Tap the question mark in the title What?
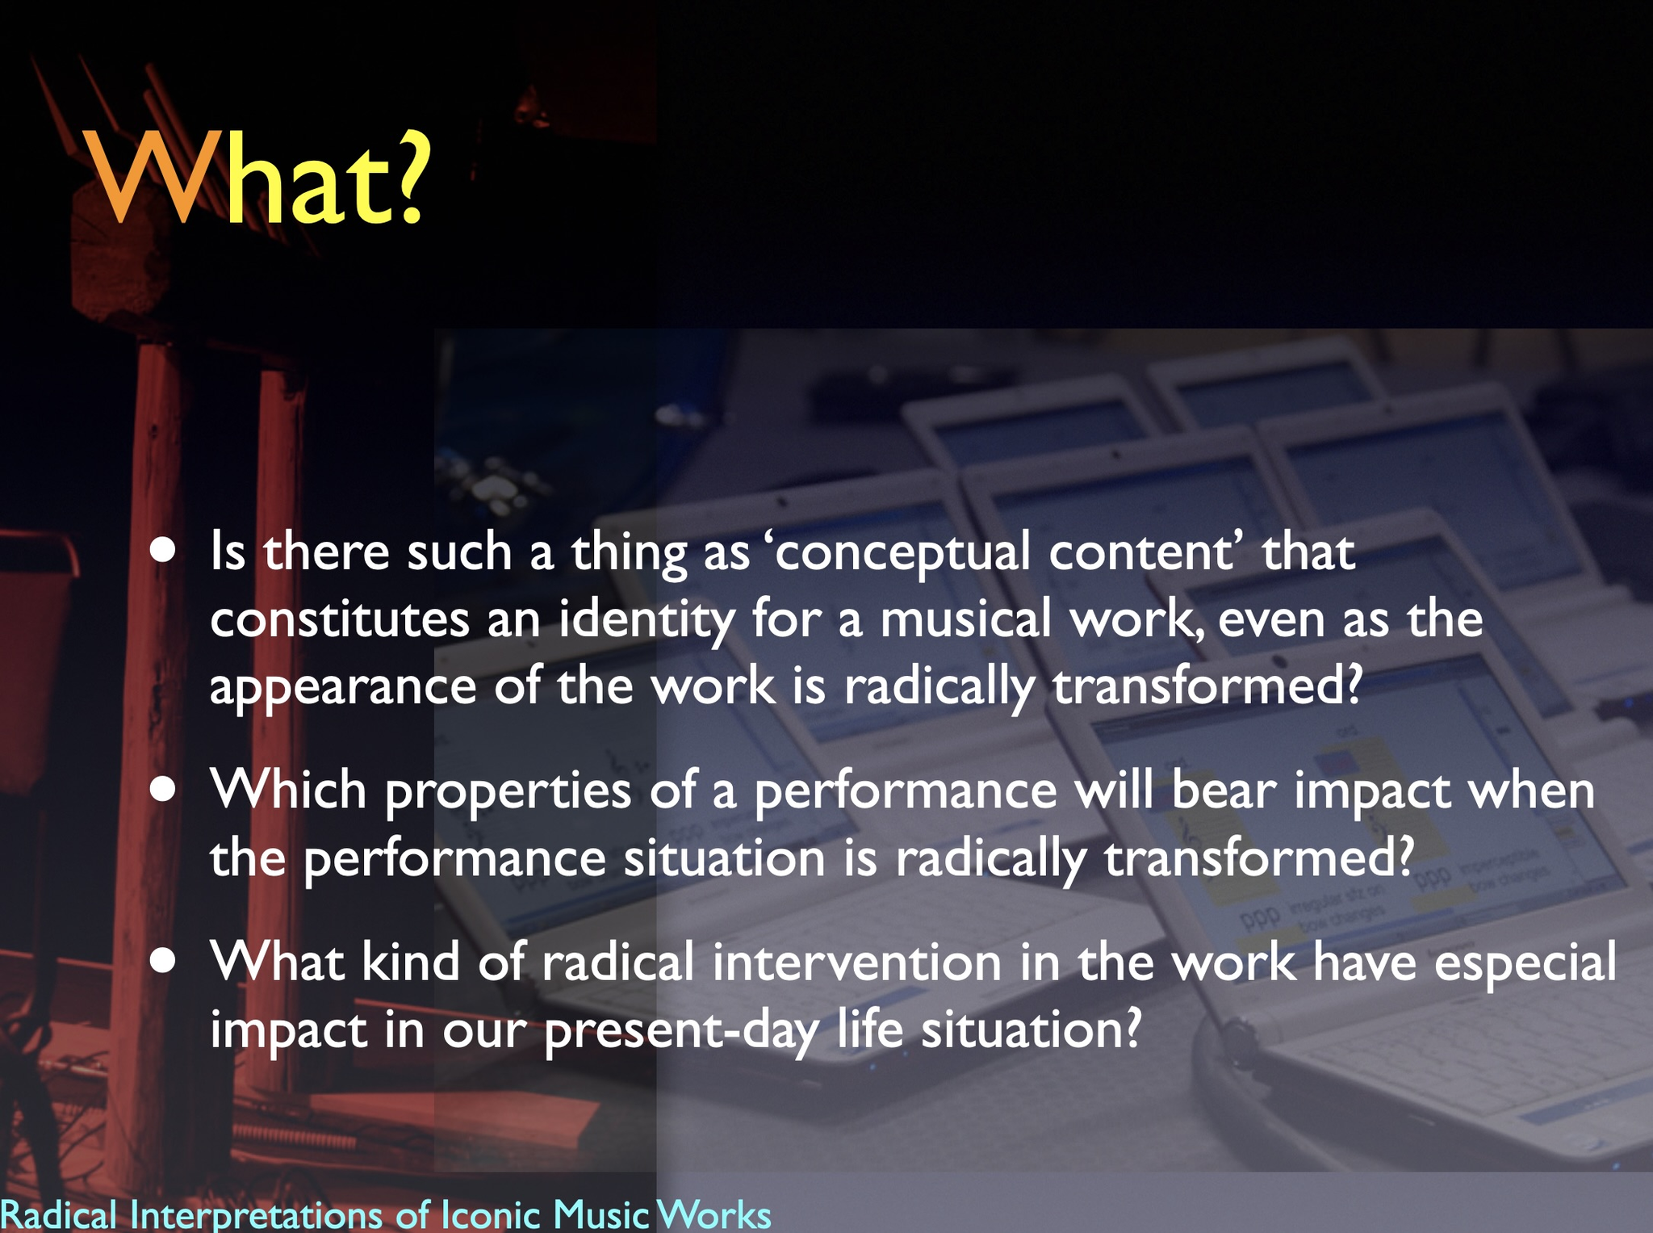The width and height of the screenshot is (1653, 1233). pyautogui.click(x=402, y=175)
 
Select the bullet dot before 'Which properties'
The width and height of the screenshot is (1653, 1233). pyautogui.click(x=163, y=789)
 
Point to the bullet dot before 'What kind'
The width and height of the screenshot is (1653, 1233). pyautogui.click(x=163, y=961)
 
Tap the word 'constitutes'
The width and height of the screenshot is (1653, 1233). pyautogui.click(x=340, y=619)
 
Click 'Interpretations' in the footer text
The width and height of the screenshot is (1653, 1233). pyautogui.click(x=257, y=1214)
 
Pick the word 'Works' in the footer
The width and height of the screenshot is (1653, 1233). pyautogui.click(x=714, y=1215)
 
